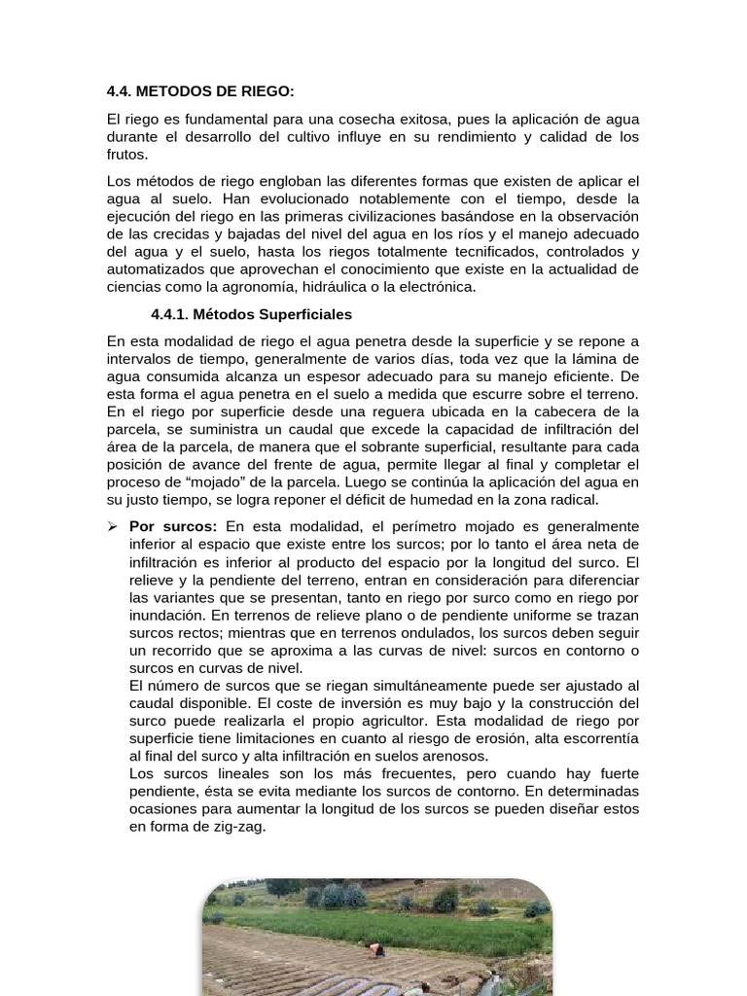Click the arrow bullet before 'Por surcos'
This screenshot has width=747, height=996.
click(x=112, y=526)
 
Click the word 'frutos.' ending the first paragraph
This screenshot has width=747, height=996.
click(x=128, y=154)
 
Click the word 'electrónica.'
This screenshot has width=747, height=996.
click(x=434, y=287)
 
